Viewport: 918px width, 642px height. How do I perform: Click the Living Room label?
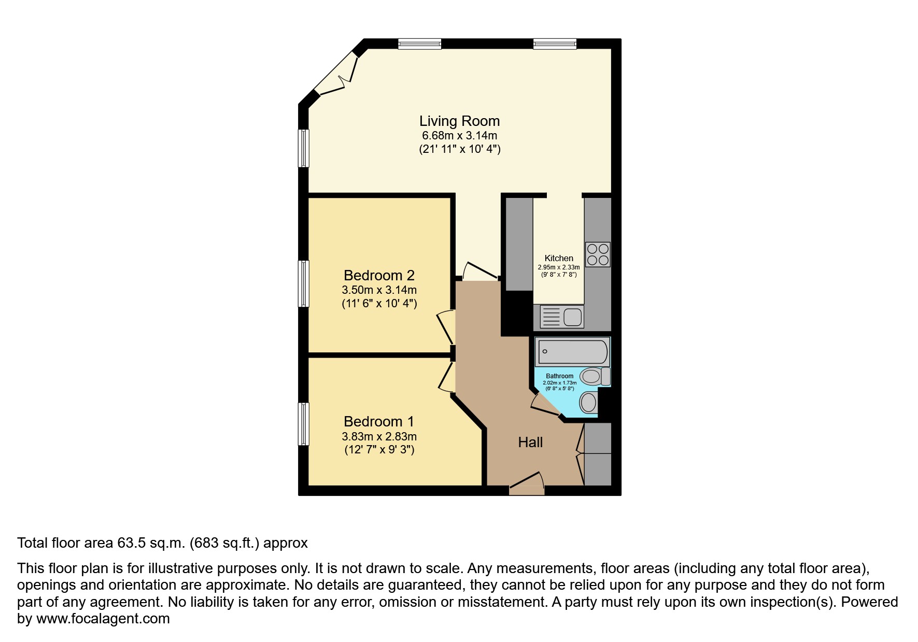coord(459,121)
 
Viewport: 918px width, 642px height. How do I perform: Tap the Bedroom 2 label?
coord(379,275)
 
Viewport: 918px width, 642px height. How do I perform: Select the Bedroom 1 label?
coord(379,422)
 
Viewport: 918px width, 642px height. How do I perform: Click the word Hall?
coord(530,442)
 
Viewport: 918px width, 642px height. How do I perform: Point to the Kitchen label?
coord(559,258)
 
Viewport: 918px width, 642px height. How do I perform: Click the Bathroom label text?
coord(560,376)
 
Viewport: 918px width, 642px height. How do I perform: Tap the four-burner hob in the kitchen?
coord(598,254)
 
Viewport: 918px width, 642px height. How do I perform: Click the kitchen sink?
coord(562,317)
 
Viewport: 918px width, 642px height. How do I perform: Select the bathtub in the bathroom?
coord(573,352)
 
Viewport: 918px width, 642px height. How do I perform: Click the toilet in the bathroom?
coord(595,376)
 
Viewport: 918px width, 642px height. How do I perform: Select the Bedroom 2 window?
coord(304,283)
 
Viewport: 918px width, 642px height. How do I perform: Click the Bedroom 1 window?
coord(304,424)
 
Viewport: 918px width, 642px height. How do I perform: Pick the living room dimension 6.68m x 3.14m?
coord(459,136)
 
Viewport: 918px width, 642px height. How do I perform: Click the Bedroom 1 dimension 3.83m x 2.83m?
coord(379,436)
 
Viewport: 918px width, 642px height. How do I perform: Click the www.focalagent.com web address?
coord(103,619)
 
